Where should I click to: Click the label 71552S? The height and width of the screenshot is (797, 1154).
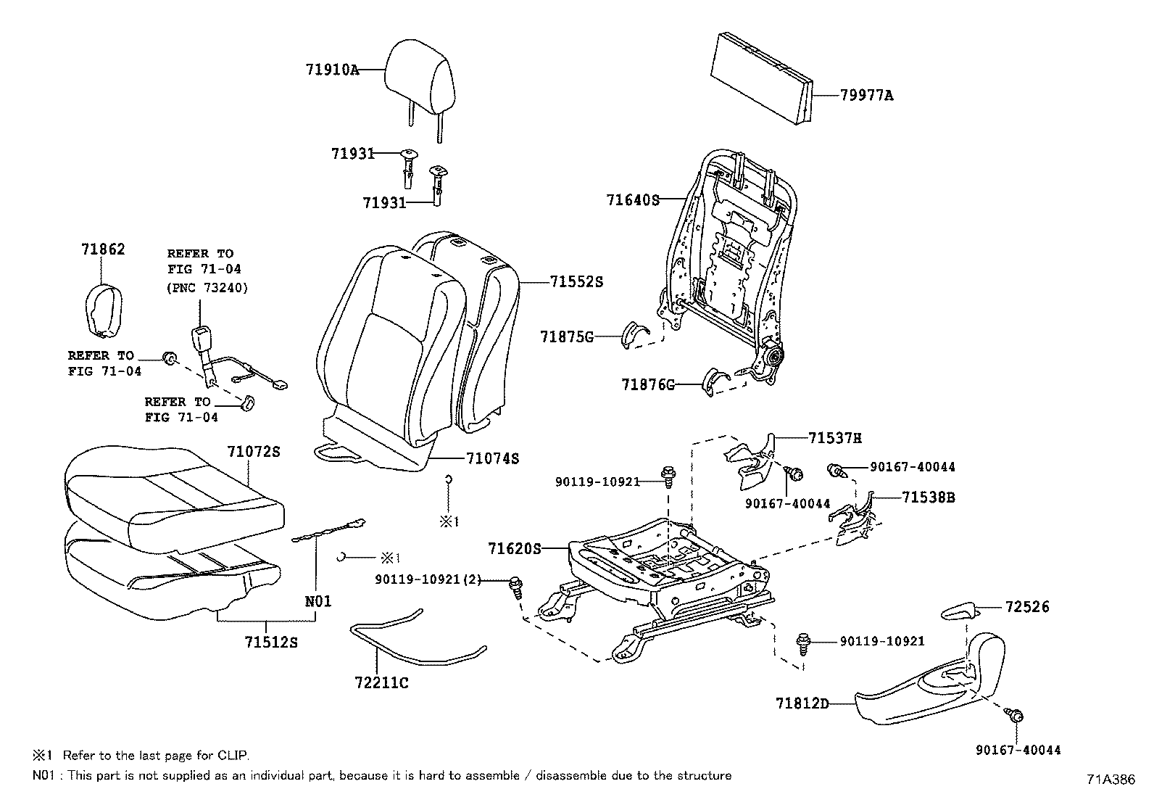pyautogui.click(x=576, y=281)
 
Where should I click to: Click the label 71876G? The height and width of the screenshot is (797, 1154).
pyautogui.click(x=647, y=384)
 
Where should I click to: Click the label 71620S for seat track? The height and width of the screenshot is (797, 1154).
pyautogui.click(x=514, y=548)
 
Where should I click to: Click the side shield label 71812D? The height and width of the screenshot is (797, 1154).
pyautogui.click(x=801, y=703)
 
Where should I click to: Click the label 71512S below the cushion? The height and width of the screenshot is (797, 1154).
pyautogui.click(x=271, y=642)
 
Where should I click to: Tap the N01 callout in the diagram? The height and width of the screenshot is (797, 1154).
pyautogui.click(x=317, y=601)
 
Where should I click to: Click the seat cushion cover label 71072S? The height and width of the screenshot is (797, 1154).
pyautogui.click(x=253, y=451)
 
